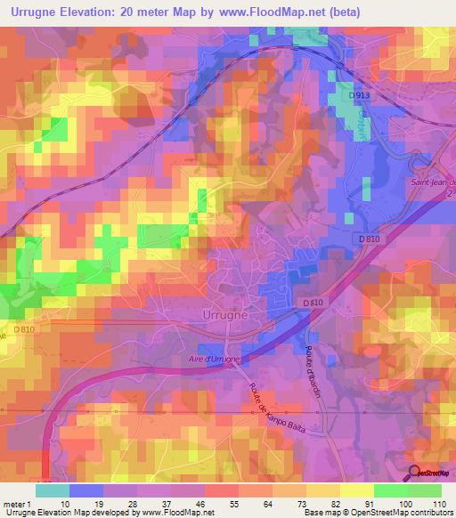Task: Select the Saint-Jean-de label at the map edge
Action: click(432, 182)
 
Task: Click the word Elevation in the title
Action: click(94, 12)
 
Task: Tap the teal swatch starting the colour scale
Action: click(52, 490)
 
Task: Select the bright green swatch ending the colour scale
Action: click(424, 490)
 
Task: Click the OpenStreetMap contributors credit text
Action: click(400, 513)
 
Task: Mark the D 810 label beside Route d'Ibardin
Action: click(312, 304)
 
